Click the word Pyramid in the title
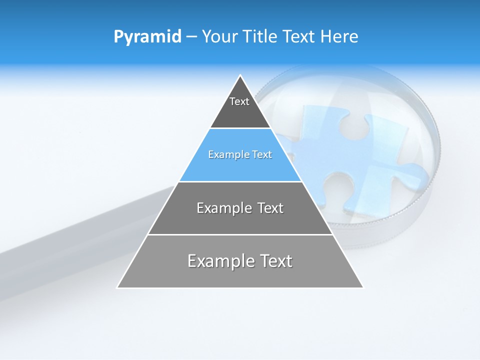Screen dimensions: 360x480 (147, 37)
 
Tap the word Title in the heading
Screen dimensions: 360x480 (259, 37)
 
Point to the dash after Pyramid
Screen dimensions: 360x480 (191, 37)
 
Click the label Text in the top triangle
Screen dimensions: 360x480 (239, 101)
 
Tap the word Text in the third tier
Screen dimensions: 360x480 (270, 208)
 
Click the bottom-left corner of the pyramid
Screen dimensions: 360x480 (118, 287)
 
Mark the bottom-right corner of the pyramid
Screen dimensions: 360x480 (362, 287)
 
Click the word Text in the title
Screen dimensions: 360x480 (300, 37)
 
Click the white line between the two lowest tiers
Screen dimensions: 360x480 (240, 234)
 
